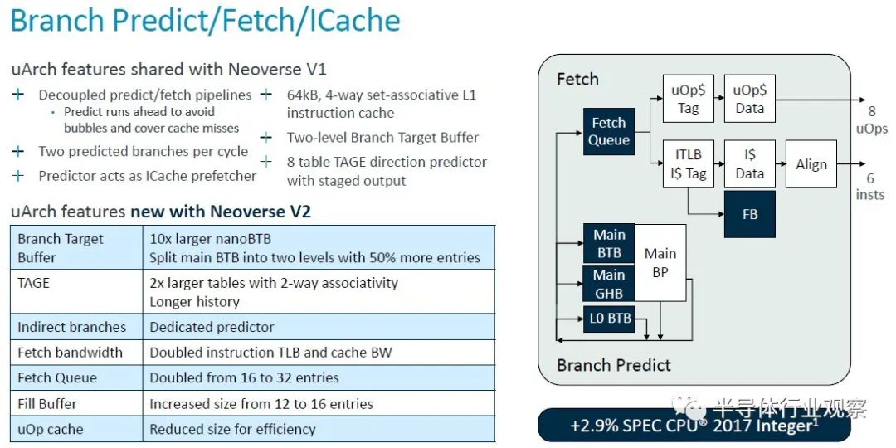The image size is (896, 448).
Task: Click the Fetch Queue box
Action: tap(609, 131)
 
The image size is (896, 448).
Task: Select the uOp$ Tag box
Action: tap(688, 100)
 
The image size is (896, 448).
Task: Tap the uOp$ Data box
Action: tap(750, 100)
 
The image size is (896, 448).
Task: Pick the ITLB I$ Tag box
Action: tap(688, 163)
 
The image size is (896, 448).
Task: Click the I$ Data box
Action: tap(750, 163)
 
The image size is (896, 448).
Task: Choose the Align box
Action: tap(811, 164)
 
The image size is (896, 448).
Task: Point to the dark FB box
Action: tap(750, 213)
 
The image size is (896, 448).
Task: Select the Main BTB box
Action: tap(609, 243)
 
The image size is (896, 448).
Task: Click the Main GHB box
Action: tap(609, 284)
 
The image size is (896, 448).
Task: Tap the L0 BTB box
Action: tap(609, 318)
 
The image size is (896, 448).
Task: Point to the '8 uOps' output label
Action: tap(871, 120)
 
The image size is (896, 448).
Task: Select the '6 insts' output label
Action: tap(870, 187)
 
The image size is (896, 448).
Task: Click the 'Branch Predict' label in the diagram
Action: tap(614, 365)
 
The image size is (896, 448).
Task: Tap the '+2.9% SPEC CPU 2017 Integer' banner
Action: tap(694, 426)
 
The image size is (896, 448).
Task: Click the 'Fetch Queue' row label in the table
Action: tap(57, 377)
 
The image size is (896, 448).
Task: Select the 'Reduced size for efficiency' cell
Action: tap(232, 429)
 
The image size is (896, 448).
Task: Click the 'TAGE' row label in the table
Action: tap(34, 283)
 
